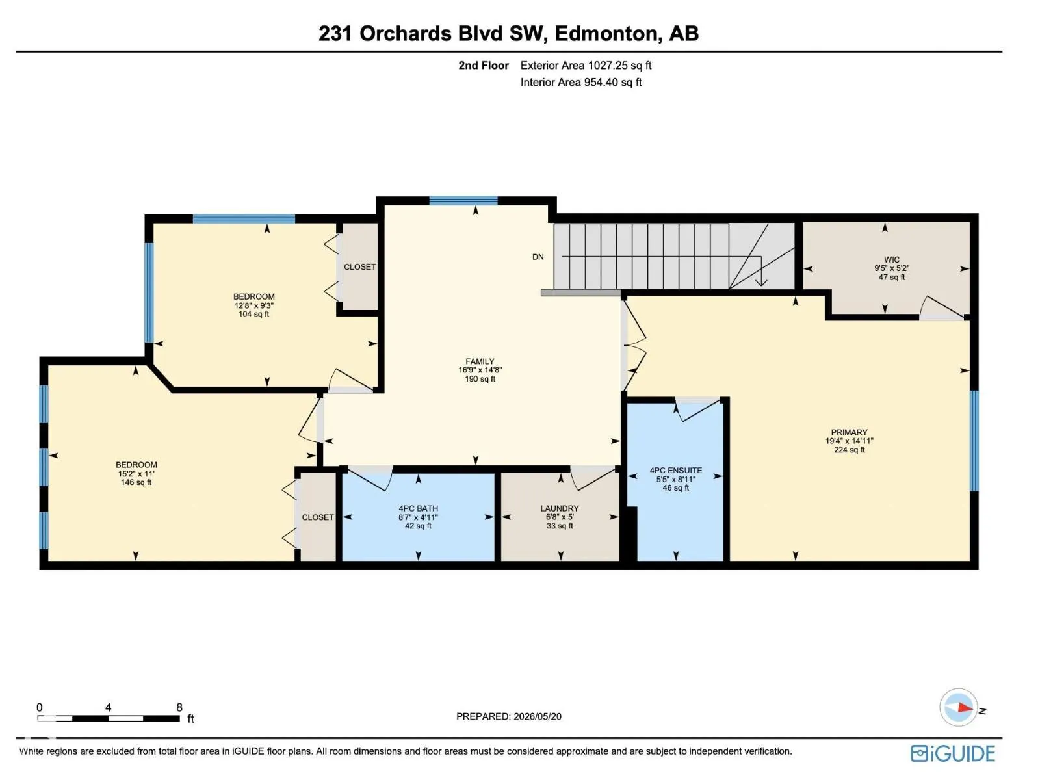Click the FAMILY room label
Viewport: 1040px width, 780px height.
pyautogui.click(x=480, y=361)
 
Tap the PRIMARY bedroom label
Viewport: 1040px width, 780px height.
pyautogui.click(x=849, y=432)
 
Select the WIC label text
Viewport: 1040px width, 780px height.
pyautogui.click(x=892, y=259)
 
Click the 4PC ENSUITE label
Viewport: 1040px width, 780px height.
pyautogui.click(x=675, y=470)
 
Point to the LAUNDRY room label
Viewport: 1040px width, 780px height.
pyautogui.click(x=560, y=508)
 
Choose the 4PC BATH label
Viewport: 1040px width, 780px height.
pyautogui.click(x=418, y=508)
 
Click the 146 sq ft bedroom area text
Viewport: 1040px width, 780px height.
pyautogui.click(x=136, y=482)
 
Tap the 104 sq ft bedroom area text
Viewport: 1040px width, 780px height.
pyautogui.click(x=253, y=314)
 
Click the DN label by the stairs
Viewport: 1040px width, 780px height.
pyautogui.click(x=538, y=257)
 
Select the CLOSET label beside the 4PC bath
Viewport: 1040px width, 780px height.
pyautogui.click(x=317, y=517)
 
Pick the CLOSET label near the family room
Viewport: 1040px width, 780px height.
pyautogui.click(x=359, y=267)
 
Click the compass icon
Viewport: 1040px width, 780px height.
pyautogui.click(x=958, y=708)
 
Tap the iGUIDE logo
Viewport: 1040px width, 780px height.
pyautogui.click(x=953, y=753)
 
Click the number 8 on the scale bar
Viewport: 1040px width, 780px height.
pyautogui.click(x=179, y=708)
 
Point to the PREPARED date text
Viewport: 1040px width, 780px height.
pyautogui.click(x=509, y=716)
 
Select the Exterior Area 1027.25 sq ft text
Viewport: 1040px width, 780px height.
pyautogui.click(x=586, y=66)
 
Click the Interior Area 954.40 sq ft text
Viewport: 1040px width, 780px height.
pyautogui.click(x=581, y=83)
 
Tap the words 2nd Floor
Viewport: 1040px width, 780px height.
pyautogui.click(x=484, y=66)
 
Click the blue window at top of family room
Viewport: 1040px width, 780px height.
pyautogui.click(x=463, y=201)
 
